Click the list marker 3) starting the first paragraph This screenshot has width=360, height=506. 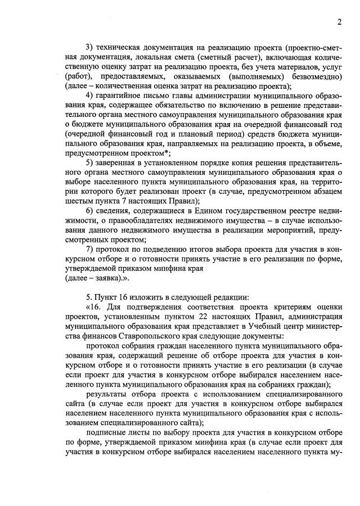[x=89, y=48]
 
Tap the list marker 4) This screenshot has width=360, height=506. [x=89, y=95]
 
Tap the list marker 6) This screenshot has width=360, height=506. [x=89, y=210]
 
